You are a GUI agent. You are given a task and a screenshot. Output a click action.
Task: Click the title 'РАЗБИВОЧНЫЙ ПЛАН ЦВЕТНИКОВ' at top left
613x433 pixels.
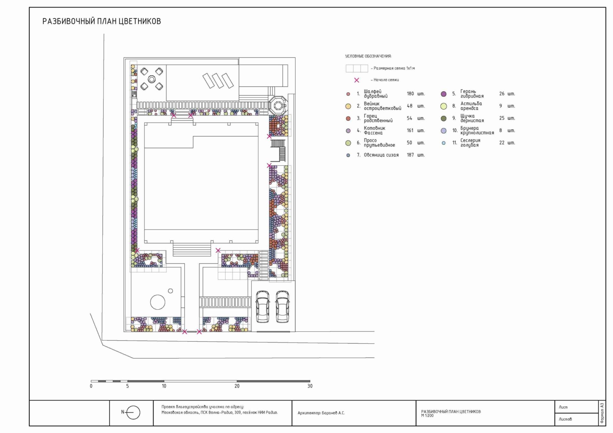[102, 21]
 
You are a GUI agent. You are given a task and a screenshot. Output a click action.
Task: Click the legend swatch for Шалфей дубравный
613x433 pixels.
[348, 94]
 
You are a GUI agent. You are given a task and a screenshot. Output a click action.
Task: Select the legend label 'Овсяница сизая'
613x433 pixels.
[381, 155]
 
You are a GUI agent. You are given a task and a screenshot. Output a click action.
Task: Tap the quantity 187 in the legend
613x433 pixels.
[410, 155]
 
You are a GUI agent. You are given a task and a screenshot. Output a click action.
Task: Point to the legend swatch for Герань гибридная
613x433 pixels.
[443, 94]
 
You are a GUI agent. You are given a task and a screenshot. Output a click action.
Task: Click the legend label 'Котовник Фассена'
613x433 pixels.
[375, 130]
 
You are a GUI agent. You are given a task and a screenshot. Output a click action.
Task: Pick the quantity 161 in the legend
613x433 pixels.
[410, 130]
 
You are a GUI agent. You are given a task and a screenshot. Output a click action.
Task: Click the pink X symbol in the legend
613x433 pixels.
[357, 80]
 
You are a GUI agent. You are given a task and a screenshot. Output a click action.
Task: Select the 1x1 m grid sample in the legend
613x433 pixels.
[357, 68]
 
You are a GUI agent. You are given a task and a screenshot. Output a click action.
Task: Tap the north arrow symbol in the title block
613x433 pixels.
[132, 412]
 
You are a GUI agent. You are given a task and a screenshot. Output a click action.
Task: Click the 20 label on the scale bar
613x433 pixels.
[237, 386]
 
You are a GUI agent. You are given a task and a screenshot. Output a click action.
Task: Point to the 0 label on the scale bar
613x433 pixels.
[91, 386]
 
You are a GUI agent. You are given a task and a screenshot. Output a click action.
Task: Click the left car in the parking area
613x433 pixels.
[263, 306]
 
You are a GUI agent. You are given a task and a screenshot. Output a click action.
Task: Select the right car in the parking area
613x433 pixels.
[283, 306]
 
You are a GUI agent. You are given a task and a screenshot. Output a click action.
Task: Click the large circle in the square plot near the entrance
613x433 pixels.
[158, 302]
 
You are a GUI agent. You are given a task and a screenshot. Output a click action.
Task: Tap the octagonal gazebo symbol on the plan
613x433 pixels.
[277, 105]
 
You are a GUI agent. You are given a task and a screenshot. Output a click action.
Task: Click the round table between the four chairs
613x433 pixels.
[152, 79]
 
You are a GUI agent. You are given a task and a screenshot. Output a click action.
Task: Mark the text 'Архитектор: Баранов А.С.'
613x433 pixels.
[321, 413]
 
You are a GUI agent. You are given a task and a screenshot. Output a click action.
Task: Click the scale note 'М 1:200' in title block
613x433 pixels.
[428, 415]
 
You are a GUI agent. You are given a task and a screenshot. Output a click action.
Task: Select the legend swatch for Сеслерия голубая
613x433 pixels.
[443, 143]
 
